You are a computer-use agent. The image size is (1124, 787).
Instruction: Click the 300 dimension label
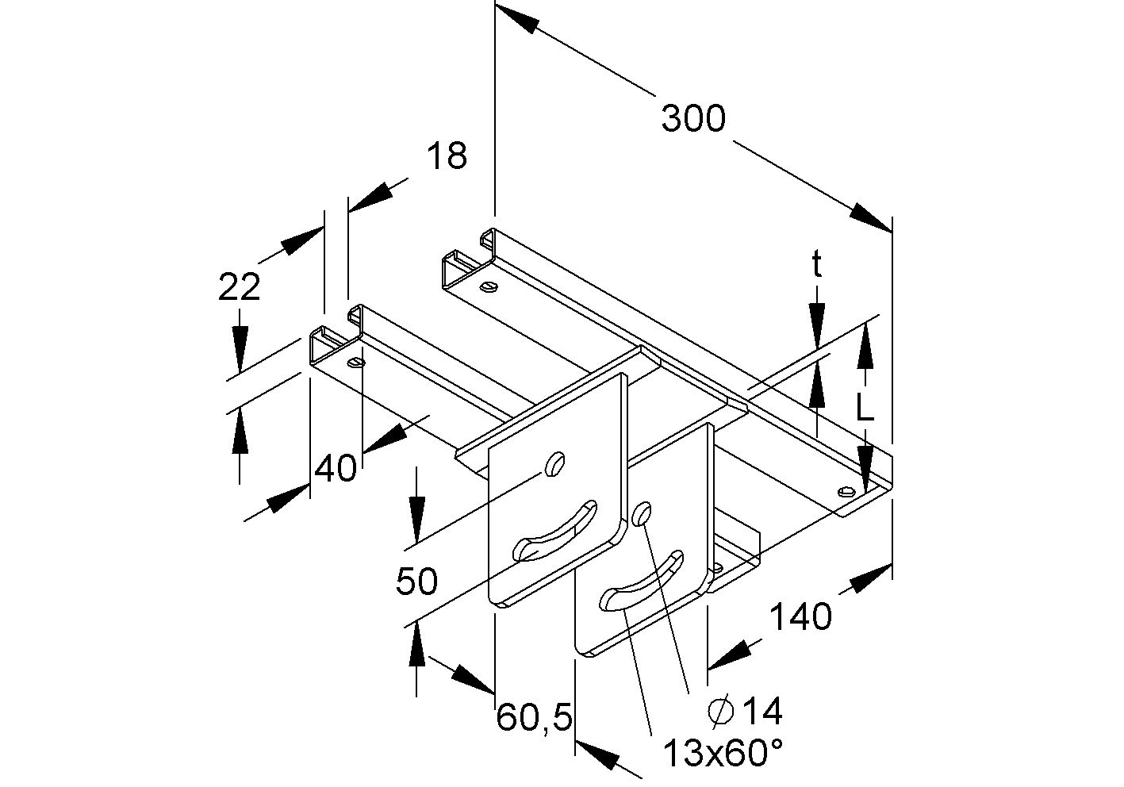[692, 119]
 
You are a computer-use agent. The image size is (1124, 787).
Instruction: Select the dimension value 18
[447, 156]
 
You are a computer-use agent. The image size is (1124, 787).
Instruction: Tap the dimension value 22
[239, 286]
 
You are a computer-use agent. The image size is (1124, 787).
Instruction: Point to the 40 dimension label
[336, 469]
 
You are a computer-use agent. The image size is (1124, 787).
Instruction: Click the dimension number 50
[416, 582]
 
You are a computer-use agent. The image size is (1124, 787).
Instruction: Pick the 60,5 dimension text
[534, 719]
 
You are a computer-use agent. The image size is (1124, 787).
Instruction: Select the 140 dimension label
[800, 616]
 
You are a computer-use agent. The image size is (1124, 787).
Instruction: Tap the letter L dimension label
[865, 408]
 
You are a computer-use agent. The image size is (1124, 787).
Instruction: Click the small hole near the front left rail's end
[356, 363]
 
